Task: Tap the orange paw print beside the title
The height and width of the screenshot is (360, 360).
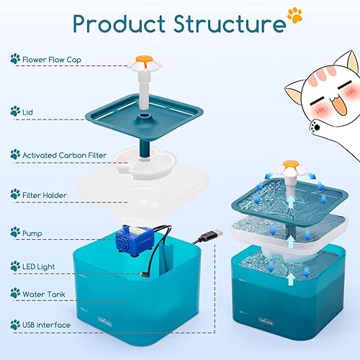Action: (x=294, y=14)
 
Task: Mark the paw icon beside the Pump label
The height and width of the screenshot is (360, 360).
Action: (x=15, y=233)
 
